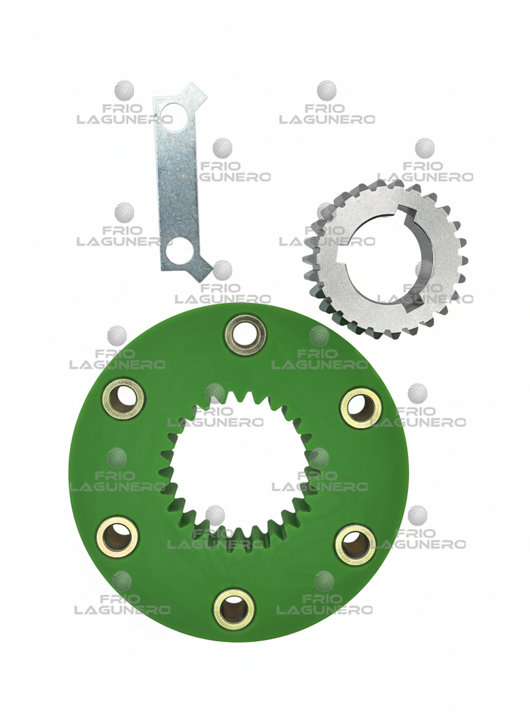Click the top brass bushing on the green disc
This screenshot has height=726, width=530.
pyautogui.click(x=245, y=335)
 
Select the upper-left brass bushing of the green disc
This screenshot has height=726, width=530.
pyautogui.click(x=123, y=399)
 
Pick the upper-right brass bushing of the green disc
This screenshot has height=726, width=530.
pyautogui.click(x=361, y=408)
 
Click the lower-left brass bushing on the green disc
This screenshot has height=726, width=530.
pyautogui.click(x=117, y=536)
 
